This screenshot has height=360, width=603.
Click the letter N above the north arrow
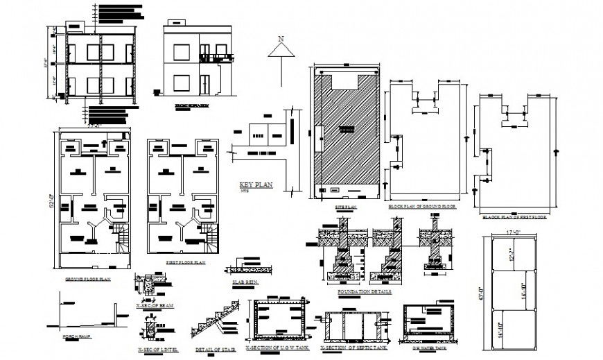coord(281,40)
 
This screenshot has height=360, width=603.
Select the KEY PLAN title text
coord(256,185)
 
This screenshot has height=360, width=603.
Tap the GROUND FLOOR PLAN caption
coord(89,279)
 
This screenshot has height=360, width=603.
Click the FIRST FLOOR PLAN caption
coord(185,263)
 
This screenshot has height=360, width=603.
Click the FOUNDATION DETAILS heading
coord(364,292)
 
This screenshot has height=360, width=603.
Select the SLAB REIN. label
coord(242,282)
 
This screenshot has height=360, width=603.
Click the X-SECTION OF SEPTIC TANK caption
coord(352,348)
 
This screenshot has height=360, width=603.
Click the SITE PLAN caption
coord(345,207)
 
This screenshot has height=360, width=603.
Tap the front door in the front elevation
coord(205,85)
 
